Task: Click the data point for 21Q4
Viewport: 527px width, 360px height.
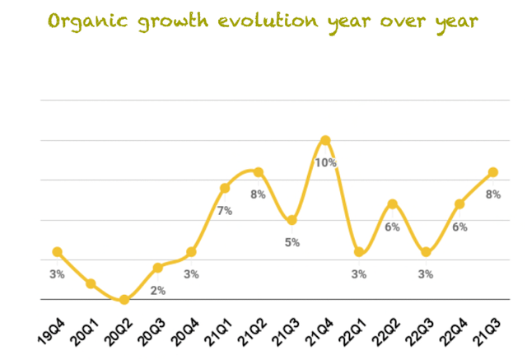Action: pyautogui.click(x=325, y=140)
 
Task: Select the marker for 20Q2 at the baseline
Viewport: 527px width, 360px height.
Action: pyautogui.click(x=124, y=300)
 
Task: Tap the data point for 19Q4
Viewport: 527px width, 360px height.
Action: pyautogui.click(x=57, y=252)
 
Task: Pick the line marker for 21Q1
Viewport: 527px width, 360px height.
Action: pyautogui.click(x=225, y=188)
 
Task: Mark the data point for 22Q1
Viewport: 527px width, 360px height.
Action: pyautogui.click(x=359, y=252)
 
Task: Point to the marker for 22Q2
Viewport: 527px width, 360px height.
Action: pyautogui.click(x=393, y=203)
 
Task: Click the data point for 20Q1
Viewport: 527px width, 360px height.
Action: pyautogui.click(x=91, y=283)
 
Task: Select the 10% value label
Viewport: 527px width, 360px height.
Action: pyautogui.click(x=325, y=163)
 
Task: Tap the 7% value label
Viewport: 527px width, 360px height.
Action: pyautogui.click(x=225, y=211)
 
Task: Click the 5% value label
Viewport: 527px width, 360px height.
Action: pyautogui.click(x=292, y=242)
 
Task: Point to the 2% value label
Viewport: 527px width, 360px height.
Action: pyautogui.click(x=158, y=290)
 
